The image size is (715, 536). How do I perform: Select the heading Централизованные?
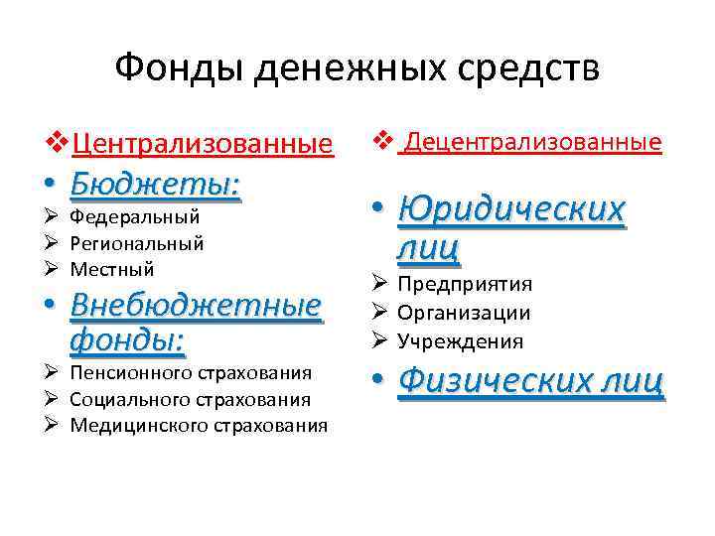click(x=203, y=144)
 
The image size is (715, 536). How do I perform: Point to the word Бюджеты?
click(x=155, y=185)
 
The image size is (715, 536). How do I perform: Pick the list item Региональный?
click(x=137, y=242)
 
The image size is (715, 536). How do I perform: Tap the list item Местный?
click(x=112, y=268)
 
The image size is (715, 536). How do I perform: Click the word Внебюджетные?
click(x=197, y=305)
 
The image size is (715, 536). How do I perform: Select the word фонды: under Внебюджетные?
click(x=128, y=340)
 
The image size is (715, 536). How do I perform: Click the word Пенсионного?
click(x=130, y=373)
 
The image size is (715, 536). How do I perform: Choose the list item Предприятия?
click(x=465, y=285)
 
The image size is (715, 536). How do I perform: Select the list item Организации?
click(x=464, y=314)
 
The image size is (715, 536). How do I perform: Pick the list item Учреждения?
click(x=460, y=341)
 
